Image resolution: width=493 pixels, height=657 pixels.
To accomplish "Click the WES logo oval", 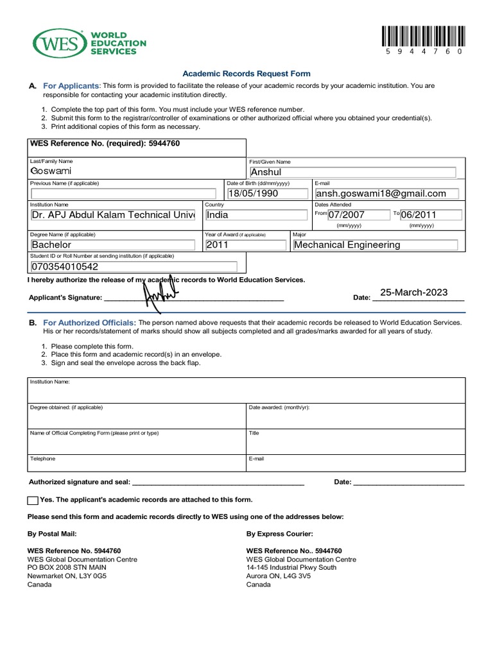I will click(60, 43).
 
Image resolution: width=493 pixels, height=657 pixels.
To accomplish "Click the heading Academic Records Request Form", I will click(246, 74).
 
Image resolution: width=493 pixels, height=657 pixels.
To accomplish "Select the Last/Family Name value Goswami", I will click(51, 171).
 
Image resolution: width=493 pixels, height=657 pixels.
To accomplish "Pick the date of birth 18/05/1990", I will click(267, 193).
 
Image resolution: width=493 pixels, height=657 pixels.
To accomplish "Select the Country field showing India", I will click(255, 215).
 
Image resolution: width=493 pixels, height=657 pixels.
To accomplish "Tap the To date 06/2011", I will click(430, 215).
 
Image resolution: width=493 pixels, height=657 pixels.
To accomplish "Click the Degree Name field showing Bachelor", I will click(112, 244).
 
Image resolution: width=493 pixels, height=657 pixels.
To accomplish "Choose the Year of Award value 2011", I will click(245, 244).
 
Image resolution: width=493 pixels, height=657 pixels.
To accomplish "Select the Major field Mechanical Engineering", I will click(375, 244).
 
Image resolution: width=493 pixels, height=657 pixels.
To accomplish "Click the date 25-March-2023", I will click(413, 293).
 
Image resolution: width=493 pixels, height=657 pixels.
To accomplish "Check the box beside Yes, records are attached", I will click(33, 500).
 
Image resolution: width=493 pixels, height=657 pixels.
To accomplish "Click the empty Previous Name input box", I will click(125, 193).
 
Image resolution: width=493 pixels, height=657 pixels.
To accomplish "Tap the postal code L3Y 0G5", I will click(92, 576).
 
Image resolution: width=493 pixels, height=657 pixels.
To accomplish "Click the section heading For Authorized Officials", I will click(89, 322).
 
